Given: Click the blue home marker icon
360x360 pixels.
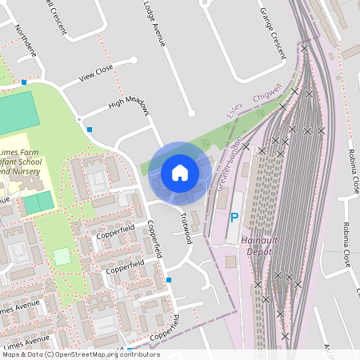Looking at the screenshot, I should pos(180,172).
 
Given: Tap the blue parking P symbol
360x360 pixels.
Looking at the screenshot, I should pos(234,217).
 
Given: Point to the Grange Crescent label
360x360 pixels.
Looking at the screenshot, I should pos(272,24).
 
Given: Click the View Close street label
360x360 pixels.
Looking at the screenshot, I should pos(96,74).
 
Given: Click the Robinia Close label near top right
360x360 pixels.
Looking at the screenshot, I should pos(353,171).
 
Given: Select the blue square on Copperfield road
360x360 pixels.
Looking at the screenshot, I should pos(170,280).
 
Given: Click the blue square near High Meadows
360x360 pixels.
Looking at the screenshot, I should pos(90,130).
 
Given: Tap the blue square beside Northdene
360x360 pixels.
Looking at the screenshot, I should pos(25,82).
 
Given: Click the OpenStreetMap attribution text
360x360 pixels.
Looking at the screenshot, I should pos(80,354).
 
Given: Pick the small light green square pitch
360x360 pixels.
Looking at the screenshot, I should pos(62,256).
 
